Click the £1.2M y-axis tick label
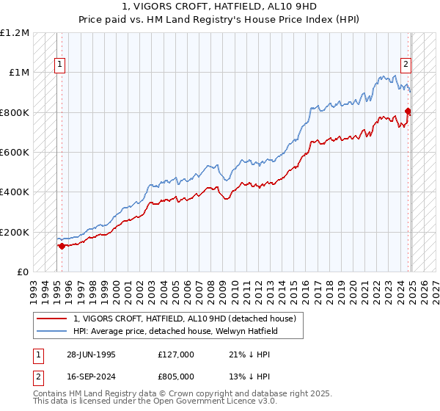coord(15,33)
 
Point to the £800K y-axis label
coord(15,113)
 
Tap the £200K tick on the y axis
coord(15,232)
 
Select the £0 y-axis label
coord(23,272)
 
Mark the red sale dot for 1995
coord(62,247)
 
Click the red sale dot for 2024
coord(408,112)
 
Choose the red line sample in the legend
coord(54,319)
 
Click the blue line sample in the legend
coord(54,331)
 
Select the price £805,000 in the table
coord(176,377)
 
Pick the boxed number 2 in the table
coord(38,377)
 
